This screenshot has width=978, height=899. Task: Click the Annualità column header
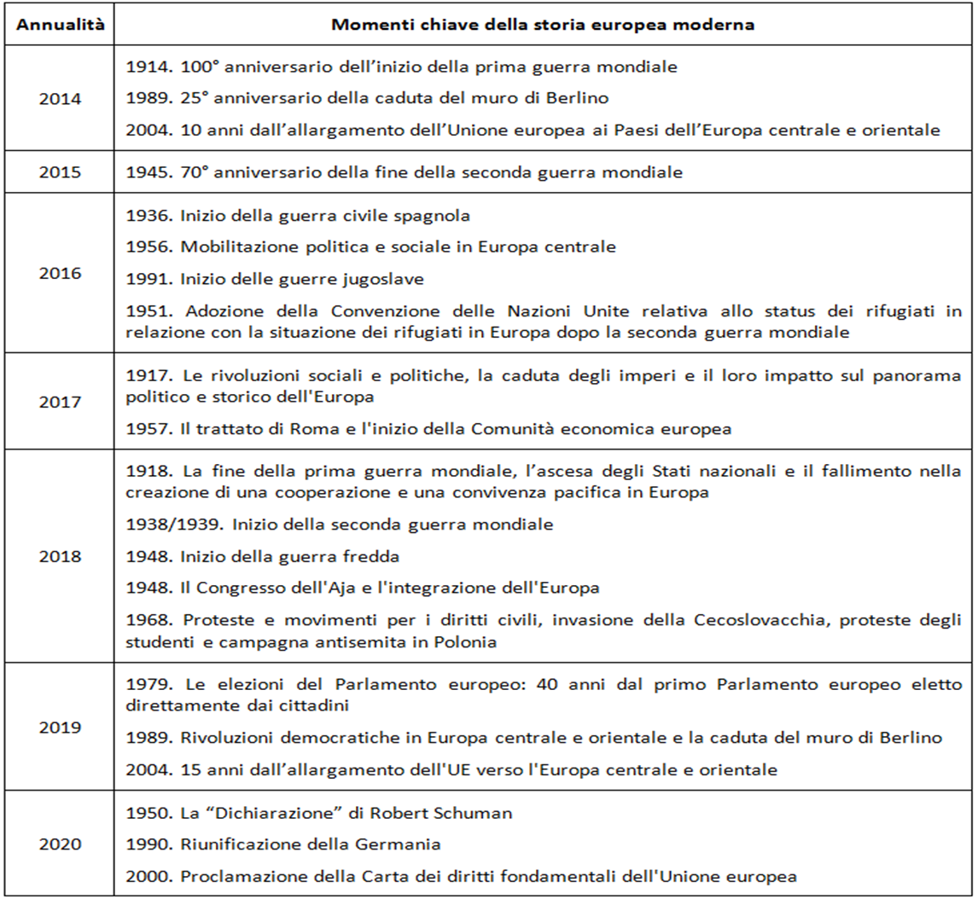point(61,25)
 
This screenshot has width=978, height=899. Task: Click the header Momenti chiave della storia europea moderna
point(543,25)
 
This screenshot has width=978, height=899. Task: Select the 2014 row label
point(61,98)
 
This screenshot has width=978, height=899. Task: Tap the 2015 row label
point(61,173)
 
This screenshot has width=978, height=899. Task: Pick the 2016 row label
point(61,274)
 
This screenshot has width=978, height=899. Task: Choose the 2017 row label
point(61,402)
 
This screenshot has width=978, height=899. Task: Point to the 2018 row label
point(61,556)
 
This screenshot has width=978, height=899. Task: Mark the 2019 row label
point(61,728)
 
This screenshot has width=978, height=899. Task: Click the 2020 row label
point(61,844)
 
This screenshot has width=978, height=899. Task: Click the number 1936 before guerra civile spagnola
point(146,216)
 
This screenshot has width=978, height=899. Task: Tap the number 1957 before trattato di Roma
point(146,430)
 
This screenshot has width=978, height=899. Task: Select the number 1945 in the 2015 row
point(146,173)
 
